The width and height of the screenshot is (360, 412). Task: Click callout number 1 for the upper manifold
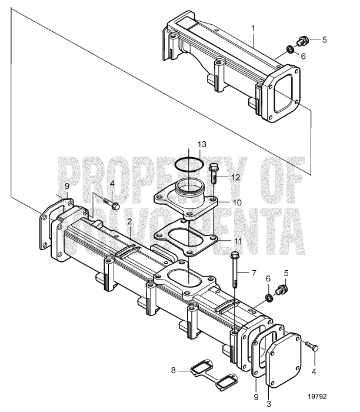click(x=253, y=28)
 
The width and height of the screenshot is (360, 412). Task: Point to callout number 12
click(x=236, y=177)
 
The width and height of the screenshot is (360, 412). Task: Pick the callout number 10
click(x=236, y=202)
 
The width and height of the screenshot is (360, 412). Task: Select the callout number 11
click(x=237, y=242)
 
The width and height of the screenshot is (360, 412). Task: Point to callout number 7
click(x=254, y=273)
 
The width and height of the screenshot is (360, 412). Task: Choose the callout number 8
click(x=173, y=370)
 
